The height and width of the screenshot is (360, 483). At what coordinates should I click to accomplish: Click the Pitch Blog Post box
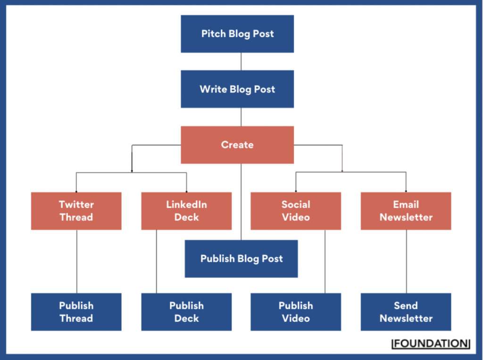click(237, 34)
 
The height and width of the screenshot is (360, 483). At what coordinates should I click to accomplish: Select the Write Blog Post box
click(237, 89)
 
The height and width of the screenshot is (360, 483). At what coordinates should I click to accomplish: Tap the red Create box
click(237, 145)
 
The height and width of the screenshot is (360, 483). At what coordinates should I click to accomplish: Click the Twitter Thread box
click(76, 211)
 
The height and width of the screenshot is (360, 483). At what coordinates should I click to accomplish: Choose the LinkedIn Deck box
click(186, 211)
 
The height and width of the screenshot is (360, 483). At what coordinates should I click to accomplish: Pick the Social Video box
click(296, 211)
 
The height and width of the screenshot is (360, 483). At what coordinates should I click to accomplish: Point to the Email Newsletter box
click(406, 211)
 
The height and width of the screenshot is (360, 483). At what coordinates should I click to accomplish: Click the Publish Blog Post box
click(241, 259)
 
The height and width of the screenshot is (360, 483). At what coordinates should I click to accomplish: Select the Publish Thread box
click(76, 312)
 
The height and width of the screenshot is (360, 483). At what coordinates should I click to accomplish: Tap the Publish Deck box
click(186, 312)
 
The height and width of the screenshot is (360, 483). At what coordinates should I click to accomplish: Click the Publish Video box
click(296, 312)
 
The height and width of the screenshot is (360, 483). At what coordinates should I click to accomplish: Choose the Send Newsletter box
click(406, 312)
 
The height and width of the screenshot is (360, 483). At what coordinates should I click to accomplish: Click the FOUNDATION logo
click(431, 344)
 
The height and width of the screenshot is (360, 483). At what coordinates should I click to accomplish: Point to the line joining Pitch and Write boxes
click(241, 61)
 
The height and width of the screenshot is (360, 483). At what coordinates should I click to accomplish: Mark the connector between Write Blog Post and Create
click(241, 117)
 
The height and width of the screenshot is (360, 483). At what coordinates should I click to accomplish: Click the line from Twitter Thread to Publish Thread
click(77, 262)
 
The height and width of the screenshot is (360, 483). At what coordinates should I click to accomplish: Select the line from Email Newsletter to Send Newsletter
click(406, 262)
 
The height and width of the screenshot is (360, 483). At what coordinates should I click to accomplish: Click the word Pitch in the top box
click(213, 34)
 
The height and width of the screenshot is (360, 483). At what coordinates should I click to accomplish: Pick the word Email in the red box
click(406, 205)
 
